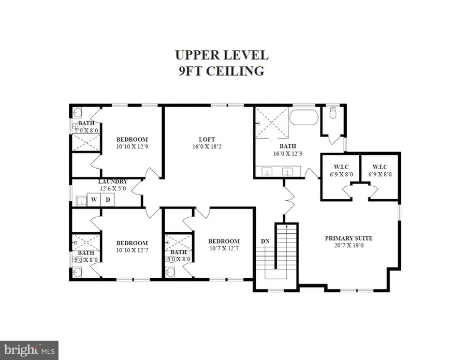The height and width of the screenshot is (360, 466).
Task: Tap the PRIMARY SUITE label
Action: tap(348, 238)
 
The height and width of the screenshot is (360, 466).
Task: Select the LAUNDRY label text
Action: tap(113, 182)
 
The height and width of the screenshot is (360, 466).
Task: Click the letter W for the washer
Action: tap(94, 200)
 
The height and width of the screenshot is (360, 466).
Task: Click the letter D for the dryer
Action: tap(108, 200)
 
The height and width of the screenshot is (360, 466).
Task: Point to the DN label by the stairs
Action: tap(265, 241)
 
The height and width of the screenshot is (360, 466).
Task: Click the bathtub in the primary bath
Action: tap(304, 117)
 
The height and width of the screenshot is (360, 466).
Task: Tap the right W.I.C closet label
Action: tap(380, 167)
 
